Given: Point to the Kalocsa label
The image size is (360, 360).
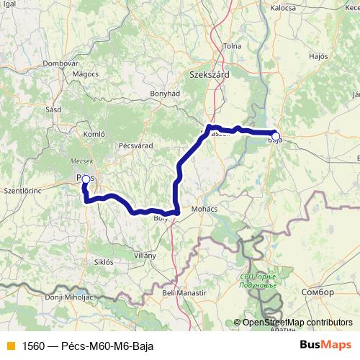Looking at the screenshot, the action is [282, 7].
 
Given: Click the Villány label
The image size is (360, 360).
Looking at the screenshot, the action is [145, 256].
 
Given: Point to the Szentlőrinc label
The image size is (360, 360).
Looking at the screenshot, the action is [24, 192].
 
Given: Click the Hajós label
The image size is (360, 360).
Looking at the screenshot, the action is [317, 55].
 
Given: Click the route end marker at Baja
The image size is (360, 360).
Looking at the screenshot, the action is [275, 135].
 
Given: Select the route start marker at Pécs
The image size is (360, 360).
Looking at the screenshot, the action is [86, 179].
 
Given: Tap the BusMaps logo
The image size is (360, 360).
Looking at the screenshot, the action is [326, 344].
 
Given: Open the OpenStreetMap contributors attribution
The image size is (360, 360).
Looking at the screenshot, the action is [298, 323].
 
